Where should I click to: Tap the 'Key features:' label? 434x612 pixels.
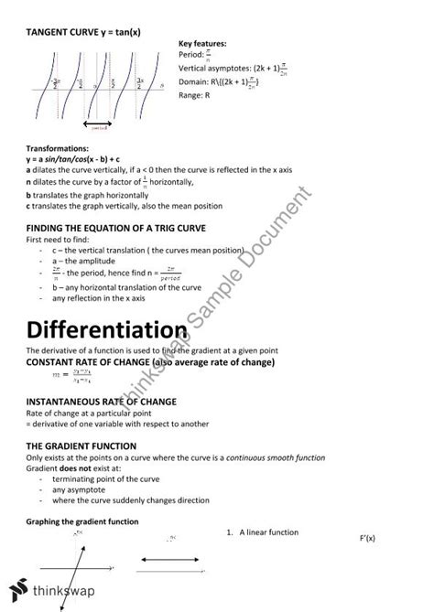coord(202,43)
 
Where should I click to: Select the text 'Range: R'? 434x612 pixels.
coord(197,95)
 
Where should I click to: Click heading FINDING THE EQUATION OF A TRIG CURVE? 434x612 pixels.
coord(115,227)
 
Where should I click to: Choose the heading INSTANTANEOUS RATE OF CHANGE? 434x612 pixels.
coord(101,402)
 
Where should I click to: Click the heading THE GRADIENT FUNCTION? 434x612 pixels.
coord(80,446)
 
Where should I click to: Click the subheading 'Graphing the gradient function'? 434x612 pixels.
coord(82,521)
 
